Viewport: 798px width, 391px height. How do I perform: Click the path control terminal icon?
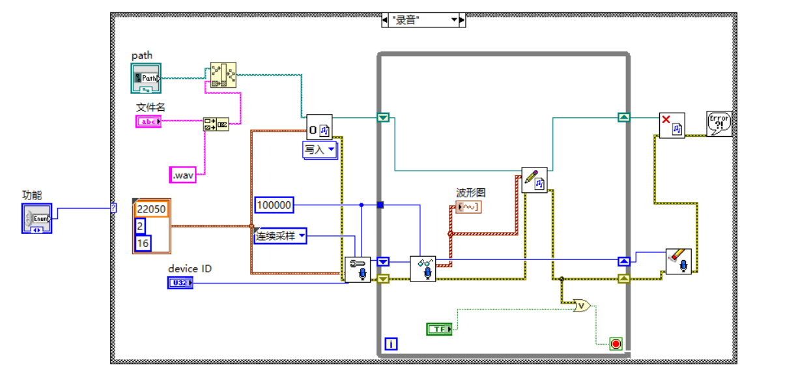146,78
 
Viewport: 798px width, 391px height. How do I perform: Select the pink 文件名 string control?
148,121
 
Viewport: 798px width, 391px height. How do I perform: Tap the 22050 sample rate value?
151,209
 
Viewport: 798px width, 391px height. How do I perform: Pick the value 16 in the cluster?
141,243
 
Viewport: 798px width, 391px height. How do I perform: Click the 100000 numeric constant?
274,206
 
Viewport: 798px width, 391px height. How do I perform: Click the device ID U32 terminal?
180,283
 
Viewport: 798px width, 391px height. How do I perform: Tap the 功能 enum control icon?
36,218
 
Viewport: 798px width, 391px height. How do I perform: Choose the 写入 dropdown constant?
319,150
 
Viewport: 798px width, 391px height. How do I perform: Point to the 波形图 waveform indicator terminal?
469,207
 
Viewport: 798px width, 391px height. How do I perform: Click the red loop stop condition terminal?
615,343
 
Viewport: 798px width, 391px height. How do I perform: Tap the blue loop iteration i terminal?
390,343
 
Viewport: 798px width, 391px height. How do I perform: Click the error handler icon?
719,124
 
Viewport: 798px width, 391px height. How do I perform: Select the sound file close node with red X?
672,125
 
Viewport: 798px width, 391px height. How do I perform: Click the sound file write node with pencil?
534,180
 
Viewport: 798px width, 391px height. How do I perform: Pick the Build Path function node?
223,76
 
